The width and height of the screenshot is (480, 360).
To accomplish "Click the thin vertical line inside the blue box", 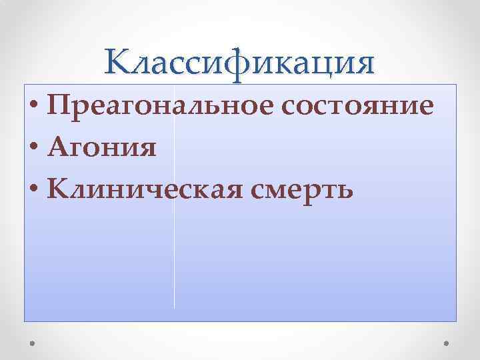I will pyautogui.click(x=174, y=267).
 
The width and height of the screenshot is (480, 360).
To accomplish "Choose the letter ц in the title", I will pyautogui.click(x=323, y=65).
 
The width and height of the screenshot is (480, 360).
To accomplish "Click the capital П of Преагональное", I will pyautogui.click(x=60, y=107).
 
